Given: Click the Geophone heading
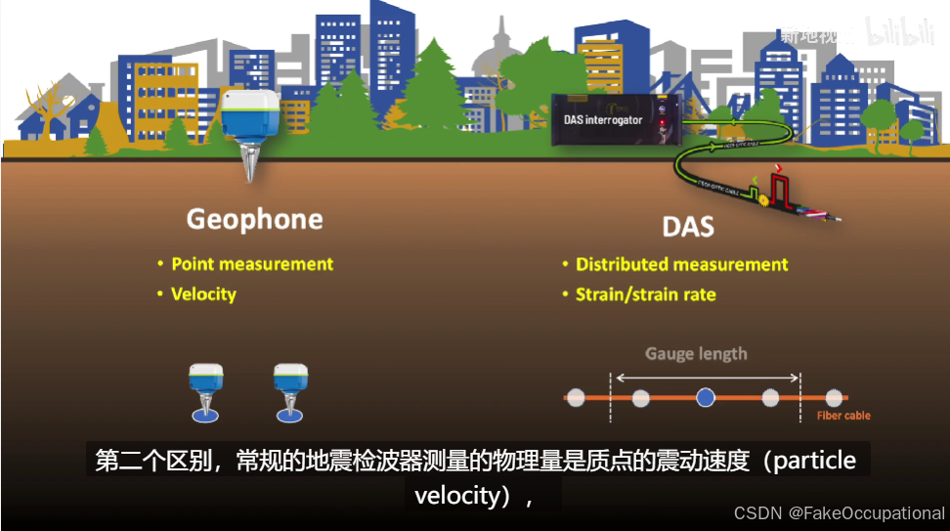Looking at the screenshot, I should click(x=254, y=219).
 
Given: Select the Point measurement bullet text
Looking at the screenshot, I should click(x=252, y=264).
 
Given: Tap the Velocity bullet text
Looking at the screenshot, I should click(x=203, y=293).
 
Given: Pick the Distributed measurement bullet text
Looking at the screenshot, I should click(x=681, y=264).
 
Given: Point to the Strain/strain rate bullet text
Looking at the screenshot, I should click(x=645, y=294).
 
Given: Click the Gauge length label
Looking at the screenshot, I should click(x=696, y=353).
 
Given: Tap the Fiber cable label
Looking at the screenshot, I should click(x=842, y=416).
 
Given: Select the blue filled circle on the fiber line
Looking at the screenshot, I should click(x=706, y=397).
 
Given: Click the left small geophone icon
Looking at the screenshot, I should click(x=205, y=391).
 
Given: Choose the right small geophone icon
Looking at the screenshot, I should click(x=290, y=391).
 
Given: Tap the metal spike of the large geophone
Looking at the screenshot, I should click(x=249, y=166).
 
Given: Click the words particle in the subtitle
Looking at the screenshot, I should click(x=814, y=461).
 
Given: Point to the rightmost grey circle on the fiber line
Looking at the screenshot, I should click(x=833, y=397).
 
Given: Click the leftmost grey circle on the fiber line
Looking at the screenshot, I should click(x=576, y=397).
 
